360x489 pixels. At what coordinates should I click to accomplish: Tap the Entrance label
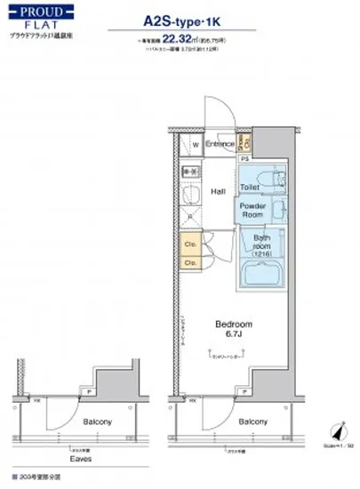pos(219,144)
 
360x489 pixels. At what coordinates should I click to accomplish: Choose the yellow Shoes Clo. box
pos(248,143)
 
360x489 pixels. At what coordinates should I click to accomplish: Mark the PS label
pos(244,159)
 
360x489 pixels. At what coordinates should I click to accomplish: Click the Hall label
pos(219,190)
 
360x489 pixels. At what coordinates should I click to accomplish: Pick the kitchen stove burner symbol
pos(188,170)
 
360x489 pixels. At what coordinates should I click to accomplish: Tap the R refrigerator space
pos(188,222)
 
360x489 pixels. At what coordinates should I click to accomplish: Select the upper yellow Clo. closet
pos(191,244)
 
